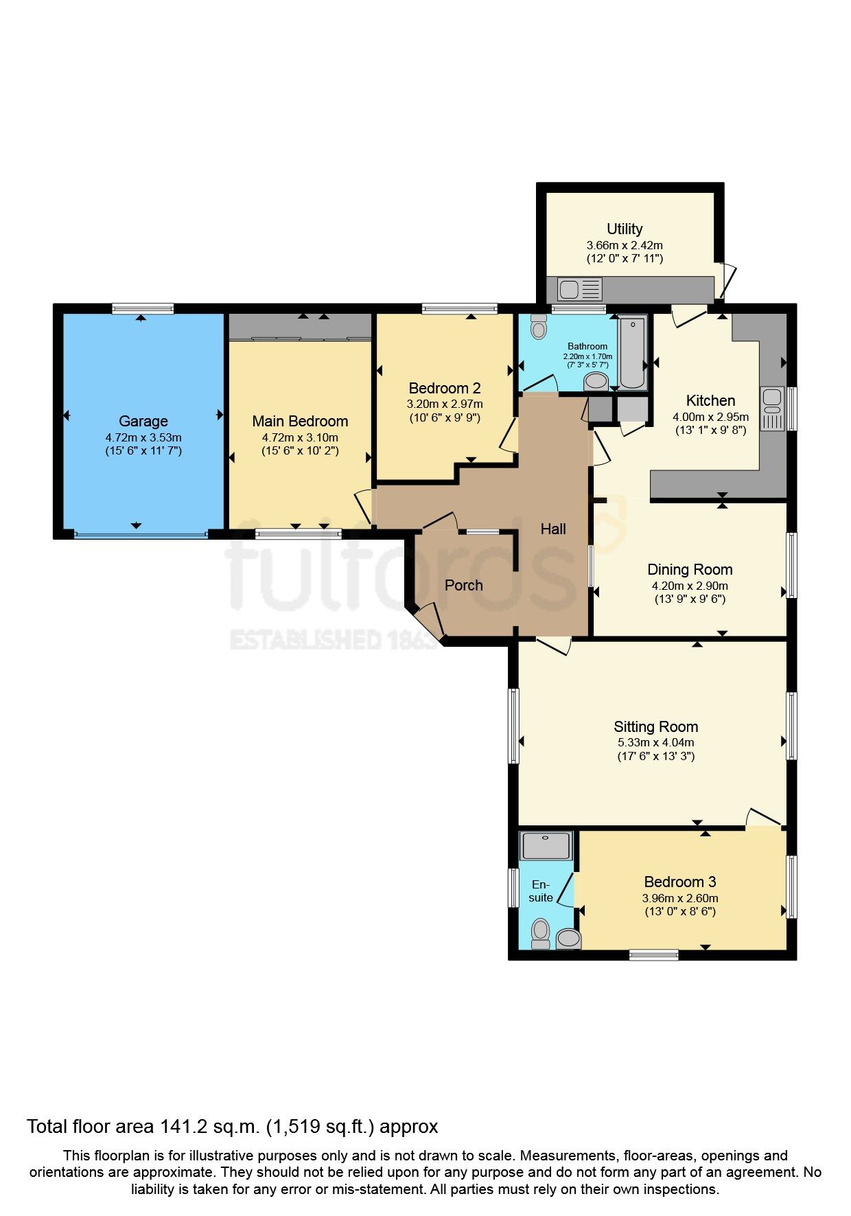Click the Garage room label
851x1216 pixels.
coord(143,421)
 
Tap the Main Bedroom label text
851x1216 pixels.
coord(300,421)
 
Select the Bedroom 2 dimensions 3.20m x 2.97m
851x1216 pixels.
coord(445,404)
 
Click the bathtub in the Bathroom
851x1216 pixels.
coord(632,352)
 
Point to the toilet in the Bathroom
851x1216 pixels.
coord(539,328)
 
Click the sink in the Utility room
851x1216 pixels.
coord(570,289)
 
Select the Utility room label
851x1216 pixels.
coord(625,229)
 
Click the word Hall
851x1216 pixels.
coord(553,528)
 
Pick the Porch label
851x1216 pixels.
coord(463,585)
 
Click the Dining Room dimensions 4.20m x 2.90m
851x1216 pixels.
coord(690,586)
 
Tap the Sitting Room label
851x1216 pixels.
coord(655,726)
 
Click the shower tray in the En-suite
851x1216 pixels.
coord(546,846)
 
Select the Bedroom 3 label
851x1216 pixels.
coord(679,882)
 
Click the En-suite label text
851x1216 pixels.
coord(541,891)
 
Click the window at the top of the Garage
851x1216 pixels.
coord(143,308)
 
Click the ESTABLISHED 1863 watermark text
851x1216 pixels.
coord(333,639)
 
